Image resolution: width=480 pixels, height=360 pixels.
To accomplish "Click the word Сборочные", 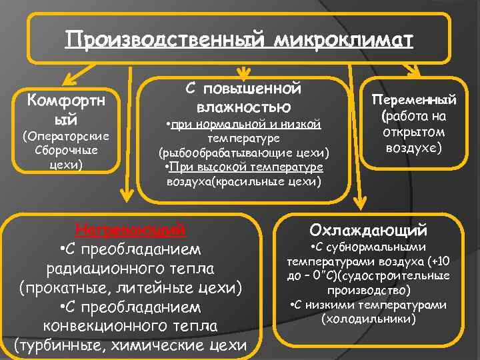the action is click(65, 149).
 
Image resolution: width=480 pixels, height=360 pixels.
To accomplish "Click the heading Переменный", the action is click(414, 101).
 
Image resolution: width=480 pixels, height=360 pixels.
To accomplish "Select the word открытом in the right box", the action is click(414, 131).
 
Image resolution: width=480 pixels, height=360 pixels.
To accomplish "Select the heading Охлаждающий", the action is click(368, 231).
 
